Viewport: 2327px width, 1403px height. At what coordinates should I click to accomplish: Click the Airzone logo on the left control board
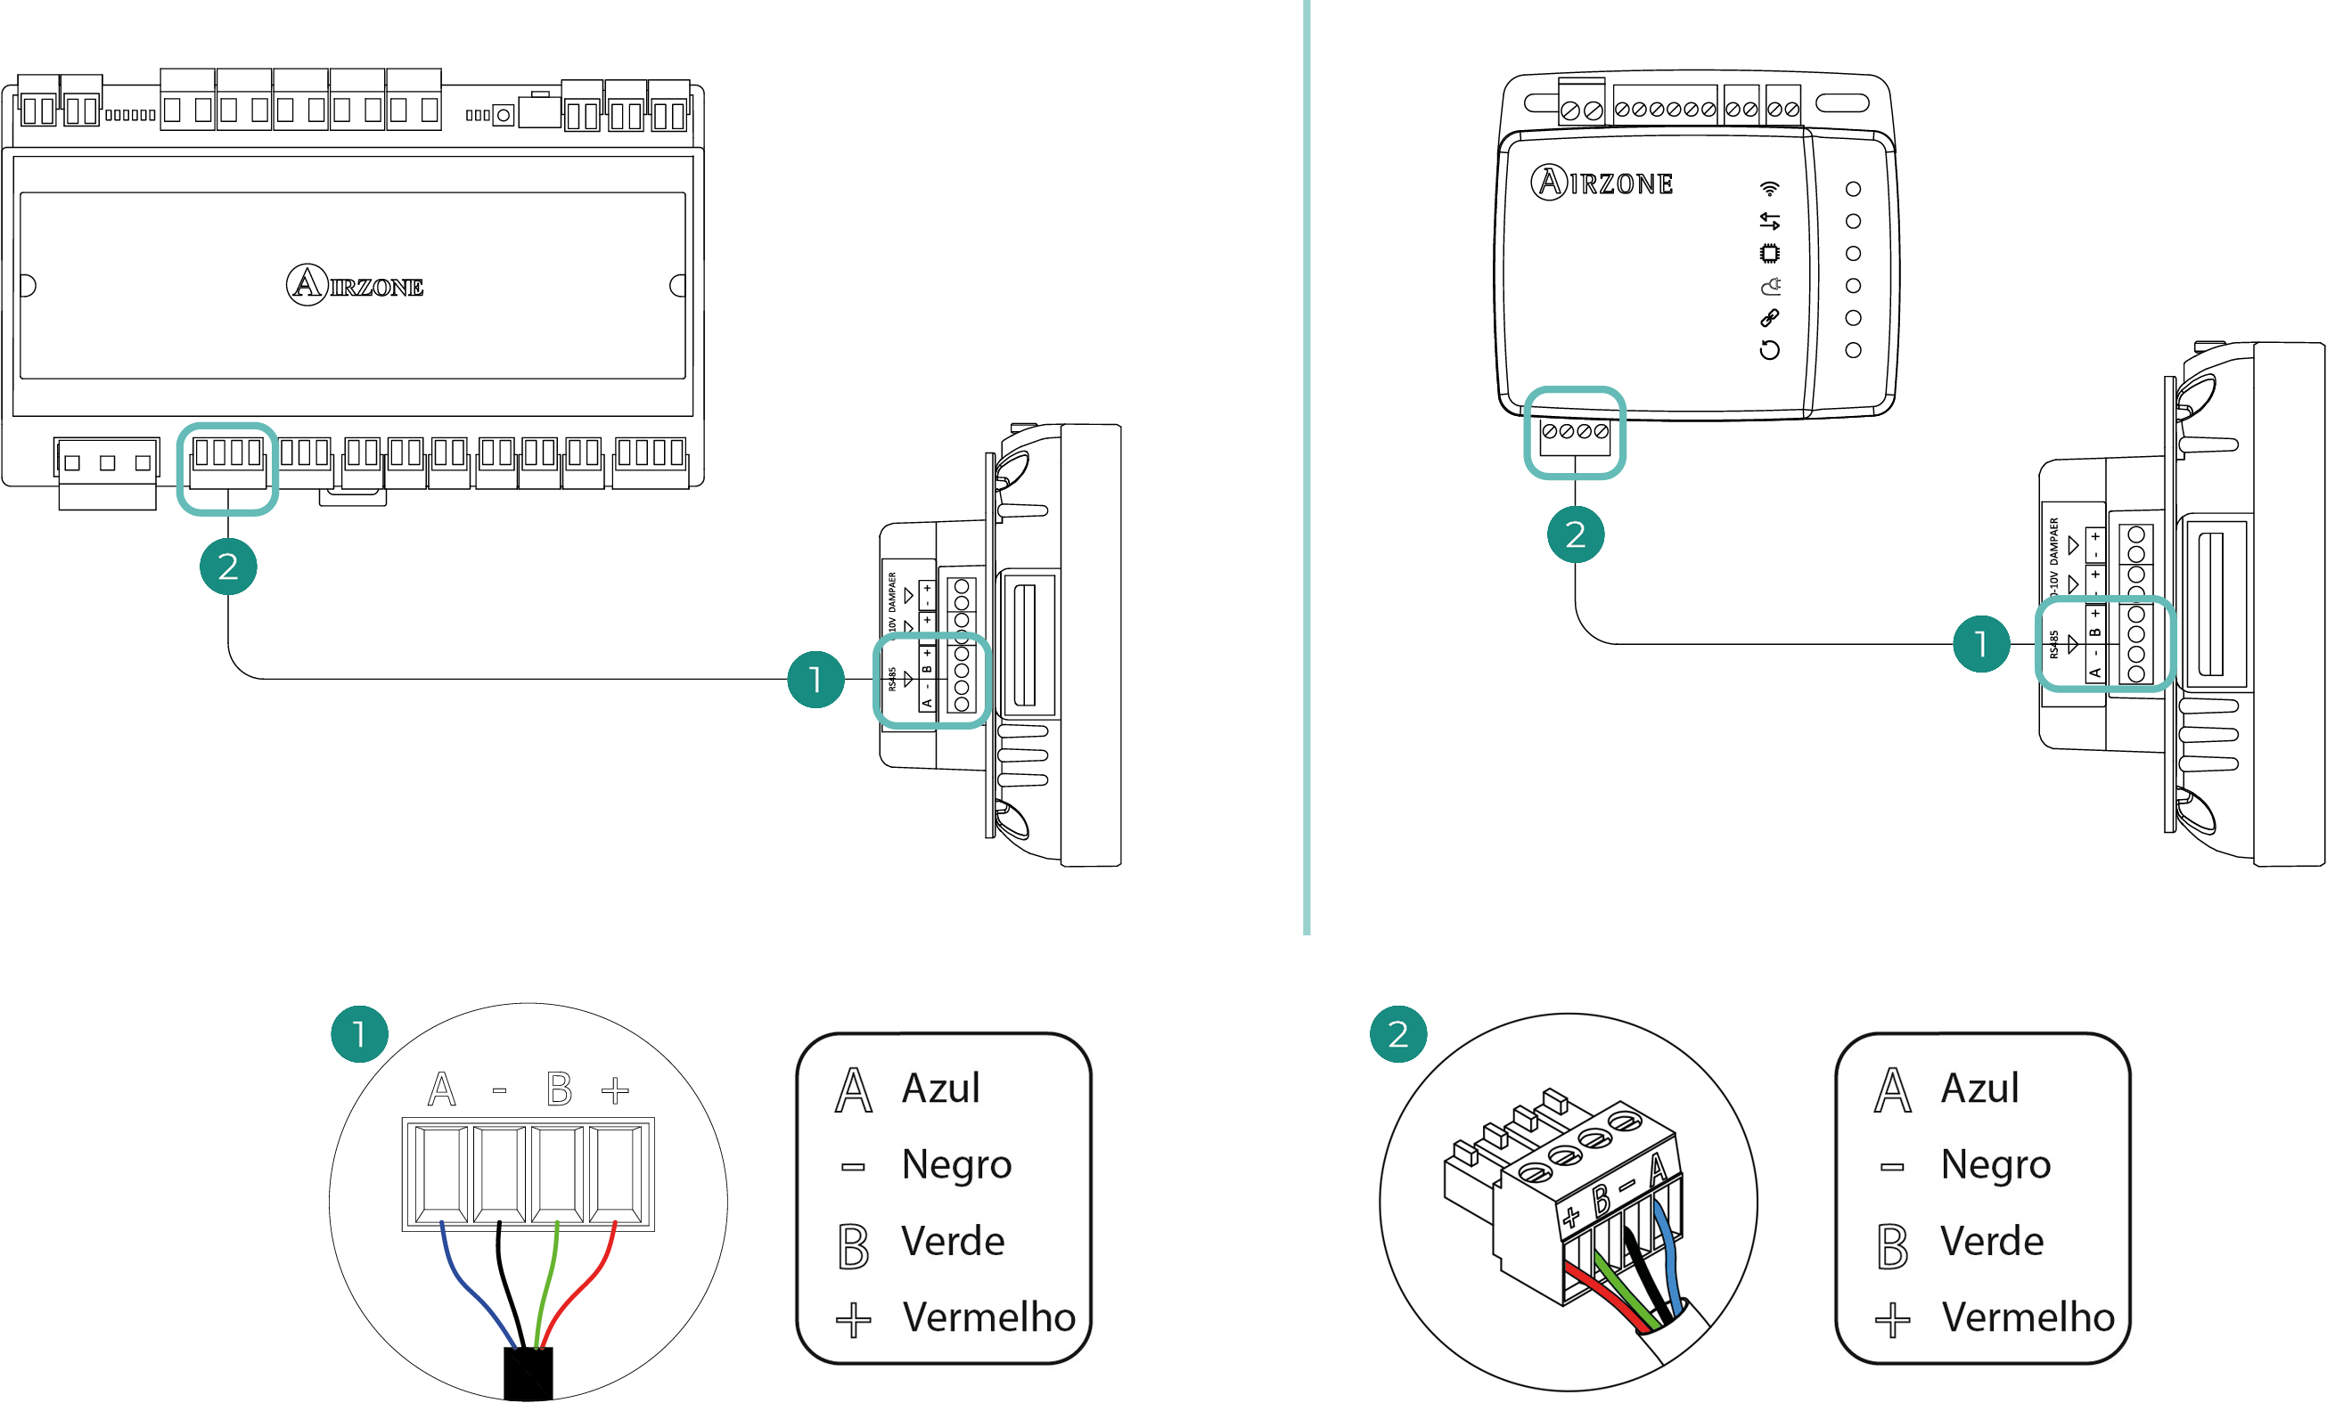point(354,284)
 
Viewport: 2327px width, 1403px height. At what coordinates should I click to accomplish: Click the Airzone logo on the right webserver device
point(1602,183)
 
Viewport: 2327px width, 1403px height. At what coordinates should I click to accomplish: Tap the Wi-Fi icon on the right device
point(1769,188)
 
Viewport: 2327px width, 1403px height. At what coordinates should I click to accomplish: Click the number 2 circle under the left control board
point(227,567)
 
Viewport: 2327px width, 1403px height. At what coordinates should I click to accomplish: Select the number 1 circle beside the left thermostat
point(815,679)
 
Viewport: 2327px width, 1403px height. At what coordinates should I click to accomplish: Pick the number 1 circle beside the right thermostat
point(1980,644)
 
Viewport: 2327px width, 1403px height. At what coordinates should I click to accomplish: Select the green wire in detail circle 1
point(545,1284)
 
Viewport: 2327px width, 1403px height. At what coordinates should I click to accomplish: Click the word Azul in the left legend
point(940,1089)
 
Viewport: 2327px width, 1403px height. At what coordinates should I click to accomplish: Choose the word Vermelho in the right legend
point(2028,1317)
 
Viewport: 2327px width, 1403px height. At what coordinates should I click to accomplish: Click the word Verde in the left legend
point(952,1242)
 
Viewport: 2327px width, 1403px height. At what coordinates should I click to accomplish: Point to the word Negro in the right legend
point(1995,1165)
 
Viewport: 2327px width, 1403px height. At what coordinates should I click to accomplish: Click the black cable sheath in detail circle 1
point(528,1374)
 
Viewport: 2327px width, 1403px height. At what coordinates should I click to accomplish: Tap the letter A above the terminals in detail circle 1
point(441,1089)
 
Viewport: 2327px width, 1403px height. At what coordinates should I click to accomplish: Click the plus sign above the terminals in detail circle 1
point(615,1090)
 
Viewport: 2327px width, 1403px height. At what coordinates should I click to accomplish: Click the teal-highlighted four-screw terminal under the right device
point(1574,435)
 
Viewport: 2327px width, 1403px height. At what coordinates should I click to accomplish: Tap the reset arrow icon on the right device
point(1769,350)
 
